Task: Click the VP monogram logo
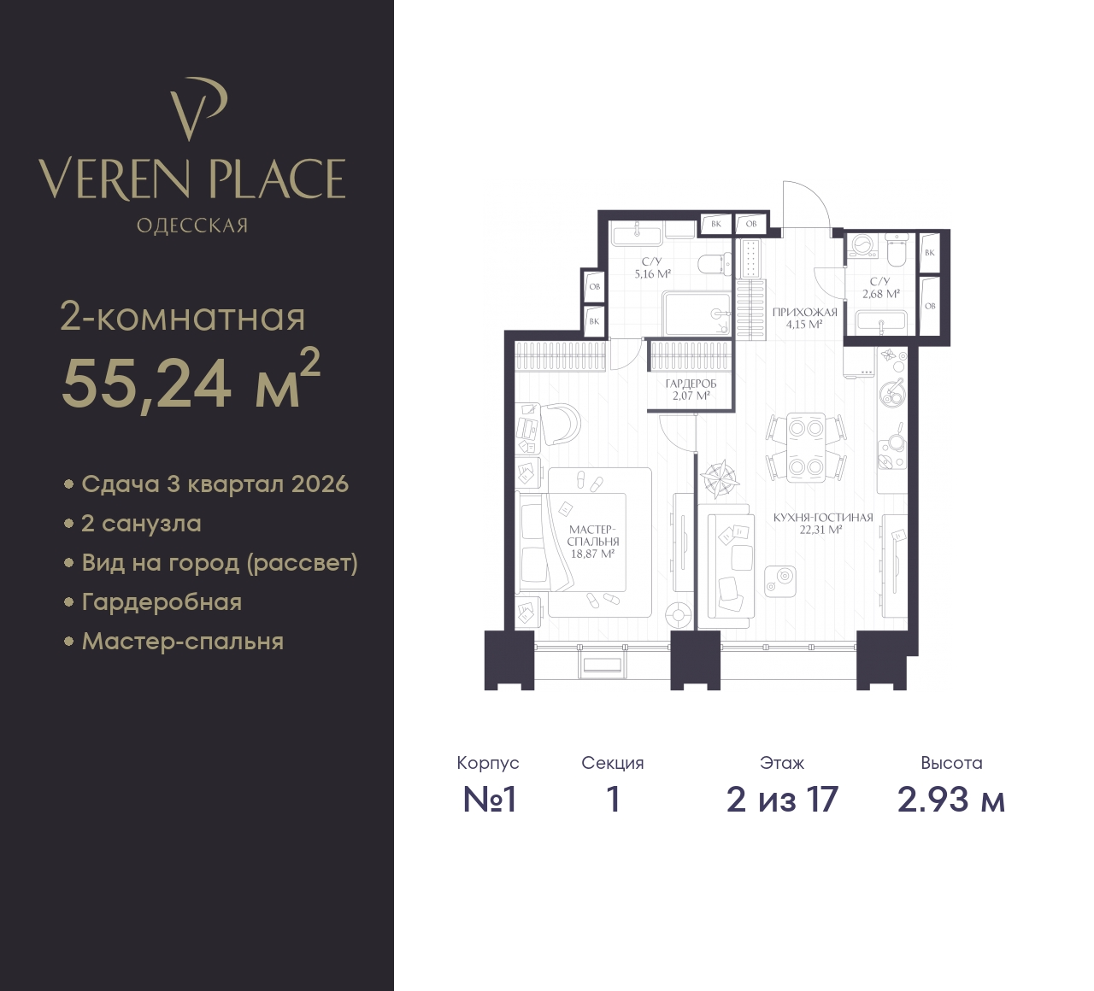[x=198, y=108]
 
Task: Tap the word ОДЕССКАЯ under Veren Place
[x=192, y=226]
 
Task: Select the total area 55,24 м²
[x=191, y=381]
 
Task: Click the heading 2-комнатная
[x=182, y=317]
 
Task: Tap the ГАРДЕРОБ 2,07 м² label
[x=691, y=390]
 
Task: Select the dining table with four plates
[x=805, y=448]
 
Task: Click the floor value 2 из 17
[x=782, y=800]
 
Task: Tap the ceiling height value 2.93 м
[x=951, y=800]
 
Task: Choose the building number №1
[x=489, y=800]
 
